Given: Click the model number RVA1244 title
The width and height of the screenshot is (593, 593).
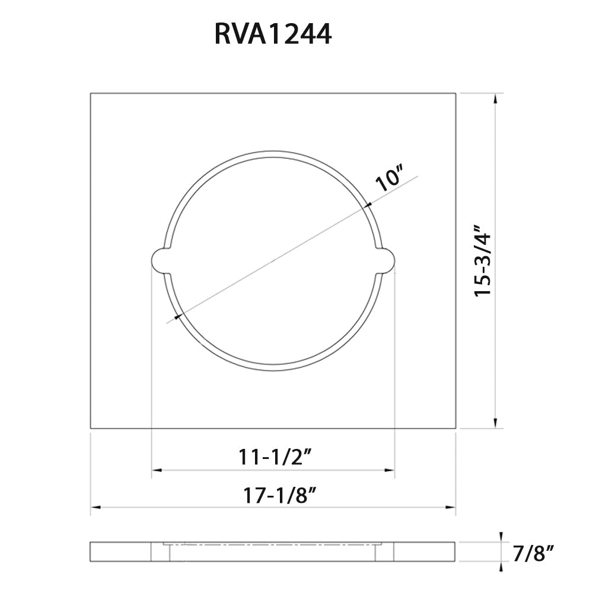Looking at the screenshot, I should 273,35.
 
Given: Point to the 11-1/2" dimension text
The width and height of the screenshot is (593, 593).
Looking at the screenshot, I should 275,457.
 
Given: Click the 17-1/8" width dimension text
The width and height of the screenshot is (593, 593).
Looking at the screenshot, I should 275,493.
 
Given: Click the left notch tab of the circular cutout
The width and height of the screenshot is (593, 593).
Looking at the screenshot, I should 160,261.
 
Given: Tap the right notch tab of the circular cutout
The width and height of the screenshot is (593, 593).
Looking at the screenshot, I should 386,261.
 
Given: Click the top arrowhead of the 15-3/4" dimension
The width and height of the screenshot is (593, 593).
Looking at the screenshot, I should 495,98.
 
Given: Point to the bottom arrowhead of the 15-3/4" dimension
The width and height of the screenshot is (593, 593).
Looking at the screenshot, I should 495,423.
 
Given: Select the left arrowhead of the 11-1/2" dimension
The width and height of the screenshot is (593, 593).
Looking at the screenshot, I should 156,470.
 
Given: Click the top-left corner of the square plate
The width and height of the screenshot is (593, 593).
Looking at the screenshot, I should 91,94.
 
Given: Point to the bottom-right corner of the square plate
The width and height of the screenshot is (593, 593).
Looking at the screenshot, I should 455,428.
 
